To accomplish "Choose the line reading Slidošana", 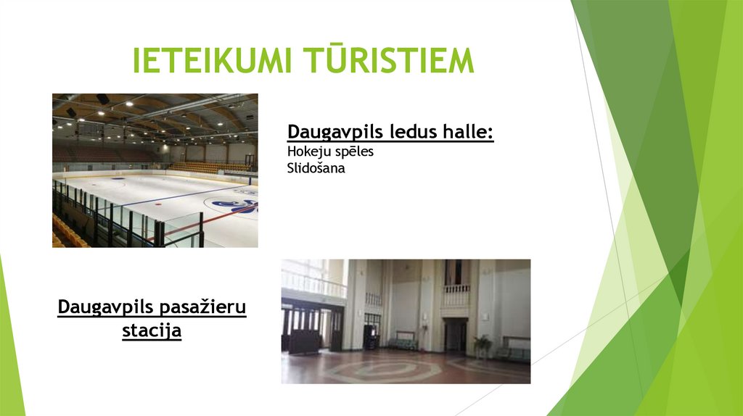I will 316,168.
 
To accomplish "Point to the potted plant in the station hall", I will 483,344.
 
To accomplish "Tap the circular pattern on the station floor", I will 377,370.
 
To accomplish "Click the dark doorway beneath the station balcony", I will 456,336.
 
